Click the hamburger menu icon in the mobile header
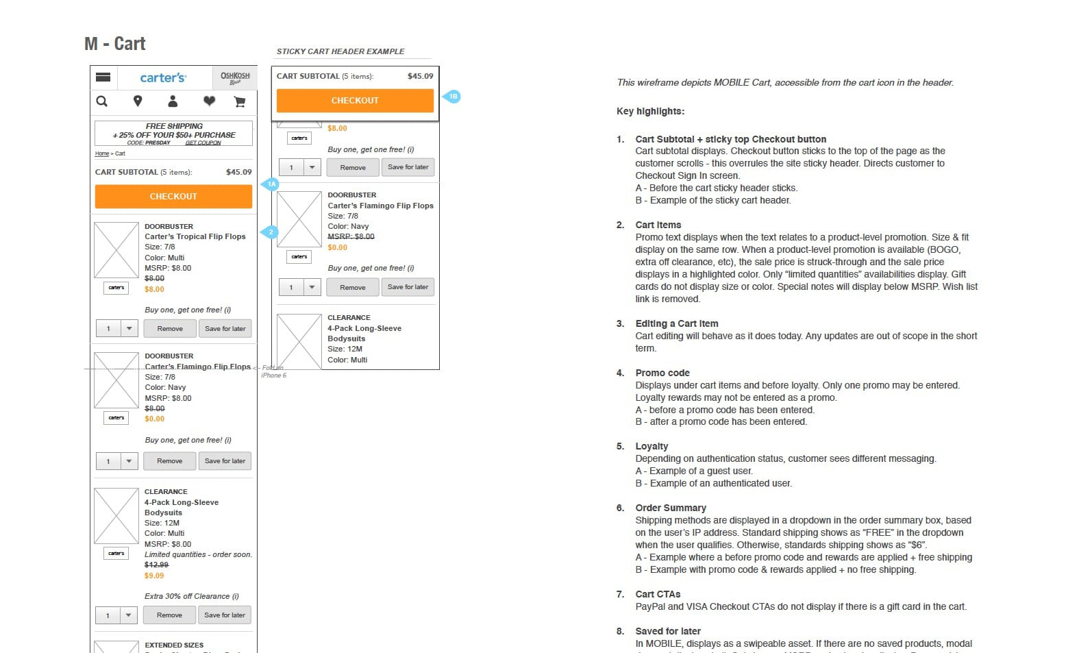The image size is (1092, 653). (x=103, y=77)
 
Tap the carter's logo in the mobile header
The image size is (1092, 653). (x=163, y=77)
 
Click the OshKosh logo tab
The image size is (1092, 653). (x=235, y=77)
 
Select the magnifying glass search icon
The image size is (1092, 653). (x=102, y=101)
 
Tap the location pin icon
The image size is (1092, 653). (x=138, y=101)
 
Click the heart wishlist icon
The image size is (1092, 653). (x=209, y=101)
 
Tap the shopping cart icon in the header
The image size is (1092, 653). (x=240, y=101)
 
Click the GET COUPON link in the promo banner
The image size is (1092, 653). (x=203, y=143)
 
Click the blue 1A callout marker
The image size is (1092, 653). (x=271, y=184)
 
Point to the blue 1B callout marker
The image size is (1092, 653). (x=452, y=97)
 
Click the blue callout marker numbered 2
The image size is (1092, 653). (x=270, y=232)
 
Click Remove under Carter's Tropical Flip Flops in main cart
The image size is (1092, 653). (x=170, y=329)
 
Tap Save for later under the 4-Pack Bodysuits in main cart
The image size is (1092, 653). (x=225, y=615)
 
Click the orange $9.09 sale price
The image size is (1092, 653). (x=154, y=576)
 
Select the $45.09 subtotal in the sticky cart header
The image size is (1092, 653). (x=420, y=76)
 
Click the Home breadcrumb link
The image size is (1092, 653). (x=102, y=153)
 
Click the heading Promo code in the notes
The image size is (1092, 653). (x=662, y=373)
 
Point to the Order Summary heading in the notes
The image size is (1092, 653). (x=670, y=508)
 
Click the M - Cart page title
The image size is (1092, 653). (x=115, y=44)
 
